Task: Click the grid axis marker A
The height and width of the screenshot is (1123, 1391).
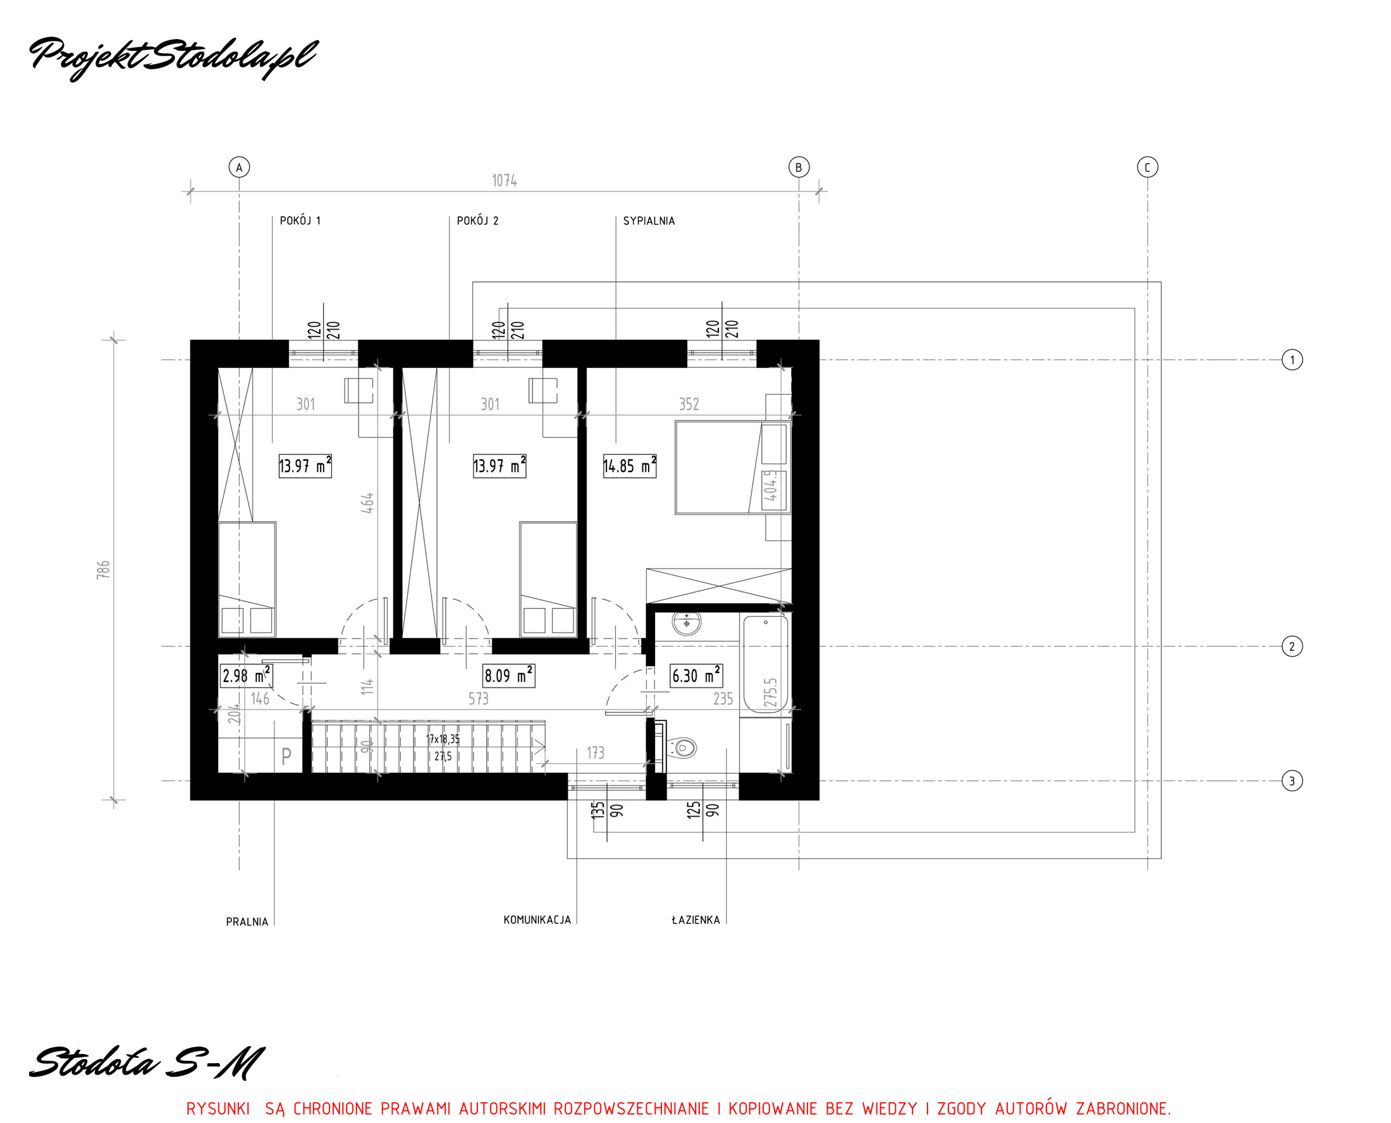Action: click(240, 167)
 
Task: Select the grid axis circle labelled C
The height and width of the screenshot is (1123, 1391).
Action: click(1148, 167)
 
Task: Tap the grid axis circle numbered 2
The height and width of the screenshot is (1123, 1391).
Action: click(1292, 646)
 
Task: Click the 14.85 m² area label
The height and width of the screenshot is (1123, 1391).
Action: click(630, 466)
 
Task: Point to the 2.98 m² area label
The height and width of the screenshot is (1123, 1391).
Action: click(246, 676)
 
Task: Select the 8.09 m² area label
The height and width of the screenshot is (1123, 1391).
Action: click(509, 676)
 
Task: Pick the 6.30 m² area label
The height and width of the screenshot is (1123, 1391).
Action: click(697, 676)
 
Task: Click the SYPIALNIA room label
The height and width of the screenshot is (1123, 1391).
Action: click(649, 221)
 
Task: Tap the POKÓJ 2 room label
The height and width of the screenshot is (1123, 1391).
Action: click(478, 221)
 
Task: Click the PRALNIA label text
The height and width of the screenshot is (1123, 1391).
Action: click(247, 922)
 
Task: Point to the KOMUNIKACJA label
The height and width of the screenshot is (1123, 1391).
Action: click(537, 920)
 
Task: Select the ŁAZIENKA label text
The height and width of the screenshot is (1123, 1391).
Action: click(696, 920)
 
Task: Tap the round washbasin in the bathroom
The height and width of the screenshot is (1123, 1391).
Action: click(686, 624)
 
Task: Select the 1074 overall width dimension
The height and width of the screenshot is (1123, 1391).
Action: click(504, 181)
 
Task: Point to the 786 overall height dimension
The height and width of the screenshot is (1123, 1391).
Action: click(104, 570)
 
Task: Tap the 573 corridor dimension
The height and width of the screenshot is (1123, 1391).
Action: click(479, 699)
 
